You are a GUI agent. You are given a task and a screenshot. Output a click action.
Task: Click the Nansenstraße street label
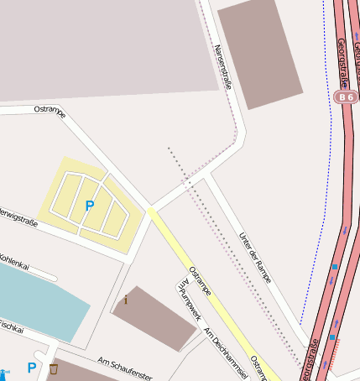point(224,67)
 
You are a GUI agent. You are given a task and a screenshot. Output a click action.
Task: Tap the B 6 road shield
point(345,97)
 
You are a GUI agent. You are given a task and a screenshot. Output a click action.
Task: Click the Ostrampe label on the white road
point(50,110)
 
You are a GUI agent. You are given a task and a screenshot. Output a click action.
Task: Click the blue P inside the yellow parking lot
point(89,206)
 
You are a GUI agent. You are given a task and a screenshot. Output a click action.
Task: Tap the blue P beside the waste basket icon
point(31,368)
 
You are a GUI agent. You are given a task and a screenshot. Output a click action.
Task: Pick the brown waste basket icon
point(55,368)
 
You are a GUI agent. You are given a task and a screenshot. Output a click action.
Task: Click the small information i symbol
point(126,300)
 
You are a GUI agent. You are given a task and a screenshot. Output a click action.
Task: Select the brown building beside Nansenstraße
point(259,53)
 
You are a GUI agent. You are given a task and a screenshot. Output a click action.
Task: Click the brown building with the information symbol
point(154,318)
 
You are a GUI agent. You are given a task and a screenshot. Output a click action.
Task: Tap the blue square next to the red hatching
point(332,338)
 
